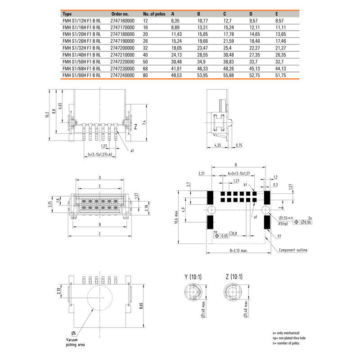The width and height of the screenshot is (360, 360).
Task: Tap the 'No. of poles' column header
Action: coord(155,13)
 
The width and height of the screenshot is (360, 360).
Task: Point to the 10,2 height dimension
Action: coord(46,115)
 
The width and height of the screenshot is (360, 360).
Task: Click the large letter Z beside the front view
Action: coord(135,127)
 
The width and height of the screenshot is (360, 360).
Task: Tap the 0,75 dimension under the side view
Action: coord(238,145)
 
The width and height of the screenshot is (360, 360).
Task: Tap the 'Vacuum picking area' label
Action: coord(75,342)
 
